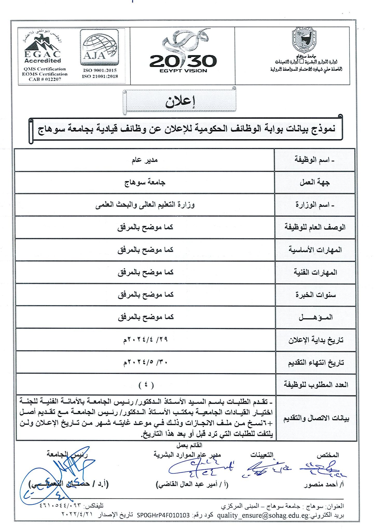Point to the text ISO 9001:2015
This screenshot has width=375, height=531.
click(100, 70)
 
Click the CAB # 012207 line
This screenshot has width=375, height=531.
click(45, 79)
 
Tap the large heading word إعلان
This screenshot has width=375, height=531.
click(180, 102)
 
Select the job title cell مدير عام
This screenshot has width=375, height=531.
click(144, 160)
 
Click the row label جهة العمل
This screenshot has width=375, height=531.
click(315, 183)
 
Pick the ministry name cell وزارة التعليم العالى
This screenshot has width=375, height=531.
click(145, 205)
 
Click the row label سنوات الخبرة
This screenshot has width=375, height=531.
click(315, 295)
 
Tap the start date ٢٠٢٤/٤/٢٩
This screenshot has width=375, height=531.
click(145, 340)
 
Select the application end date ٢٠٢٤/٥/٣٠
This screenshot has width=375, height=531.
click(145, 362)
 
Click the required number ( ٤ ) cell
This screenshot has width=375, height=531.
click(146, 385)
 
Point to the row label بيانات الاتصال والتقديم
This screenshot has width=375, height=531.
click(316, 418)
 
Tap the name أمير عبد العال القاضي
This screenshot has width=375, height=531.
click(192, 484)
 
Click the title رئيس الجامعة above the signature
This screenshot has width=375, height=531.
click(67, 453)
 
